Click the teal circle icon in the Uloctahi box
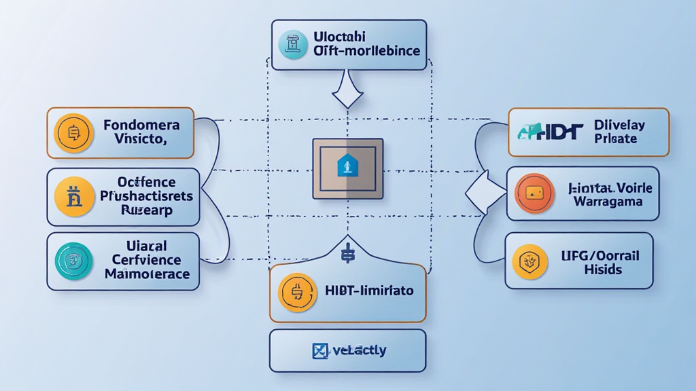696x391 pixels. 293,45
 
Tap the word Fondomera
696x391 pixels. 141,125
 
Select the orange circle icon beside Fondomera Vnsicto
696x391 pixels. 73,132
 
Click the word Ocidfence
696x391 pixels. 146,182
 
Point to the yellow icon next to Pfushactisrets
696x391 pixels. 73,197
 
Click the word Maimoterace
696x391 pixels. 147,274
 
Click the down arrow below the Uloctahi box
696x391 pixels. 347,92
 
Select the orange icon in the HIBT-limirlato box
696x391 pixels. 298,293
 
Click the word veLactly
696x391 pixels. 360,351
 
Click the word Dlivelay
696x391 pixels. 619,125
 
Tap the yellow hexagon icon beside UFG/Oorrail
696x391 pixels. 529,261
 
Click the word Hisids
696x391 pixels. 603,269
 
